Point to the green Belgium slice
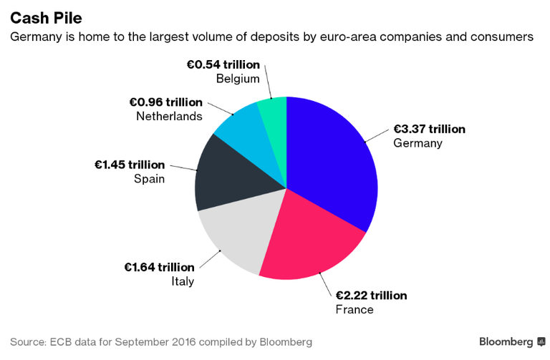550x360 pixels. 274,111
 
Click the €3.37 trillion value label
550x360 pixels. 429,130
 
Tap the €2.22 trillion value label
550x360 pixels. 370,296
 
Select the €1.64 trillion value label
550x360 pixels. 159,268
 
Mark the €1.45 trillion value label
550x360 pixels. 130,165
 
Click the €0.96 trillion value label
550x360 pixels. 167,102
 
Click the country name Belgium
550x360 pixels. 238,79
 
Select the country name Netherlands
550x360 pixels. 169,116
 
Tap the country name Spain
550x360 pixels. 149,178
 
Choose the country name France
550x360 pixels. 354,309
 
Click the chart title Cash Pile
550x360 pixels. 46,16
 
